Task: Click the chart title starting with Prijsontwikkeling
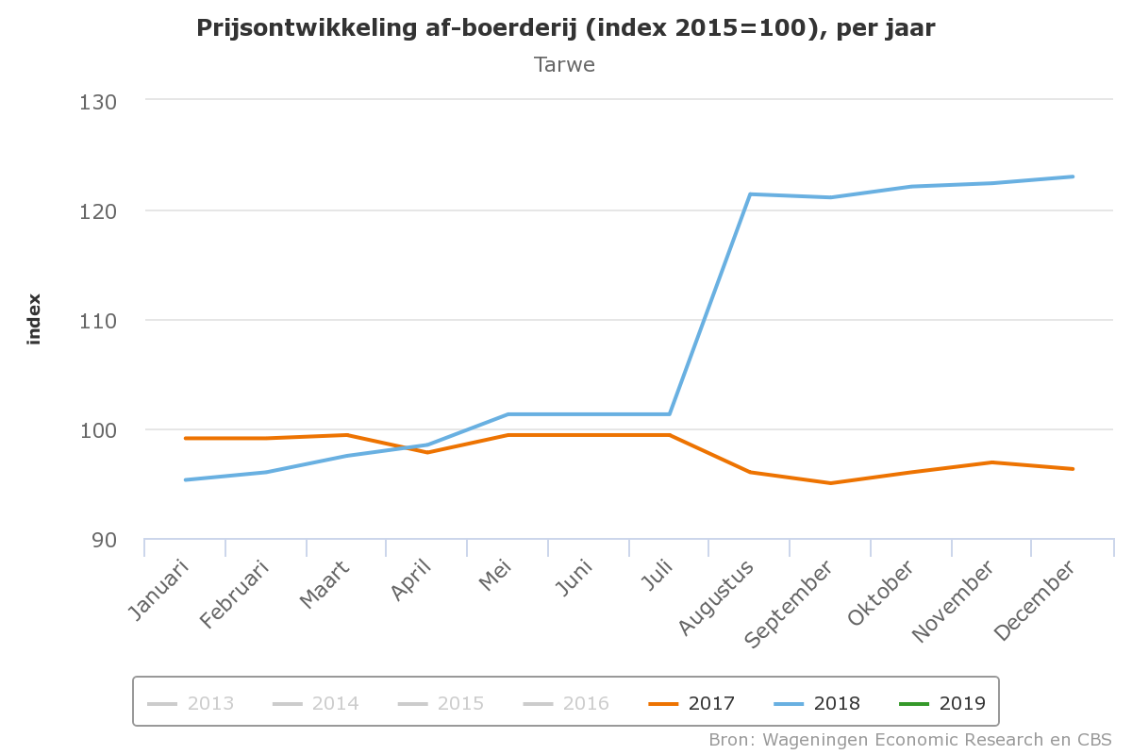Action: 565,28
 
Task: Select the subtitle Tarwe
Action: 564,65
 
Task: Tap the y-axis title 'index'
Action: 35,319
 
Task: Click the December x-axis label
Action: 1035,601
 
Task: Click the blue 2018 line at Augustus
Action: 750,194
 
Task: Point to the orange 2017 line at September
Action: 830,483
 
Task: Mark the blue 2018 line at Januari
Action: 185,479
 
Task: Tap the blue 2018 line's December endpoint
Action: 1073,176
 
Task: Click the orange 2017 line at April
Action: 427,452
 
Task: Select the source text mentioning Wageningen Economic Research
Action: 910,739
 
